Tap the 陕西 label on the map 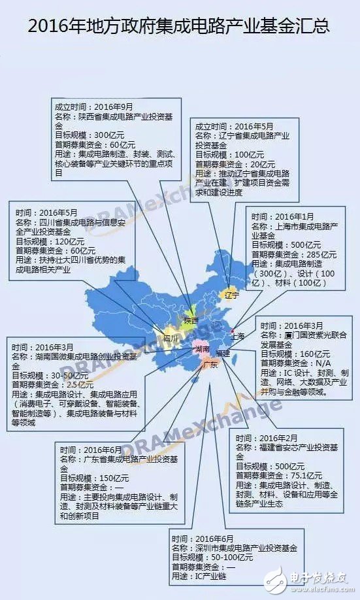point(191,321)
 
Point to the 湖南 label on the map point(203,350)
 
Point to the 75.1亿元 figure point(306,476)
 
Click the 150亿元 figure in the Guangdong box point(110,478)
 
